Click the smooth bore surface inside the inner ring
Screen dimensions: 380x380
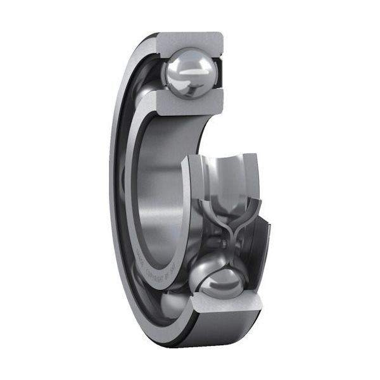coord(161,190)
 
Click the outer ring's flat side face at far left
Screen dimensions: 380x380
coord(115,190)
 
